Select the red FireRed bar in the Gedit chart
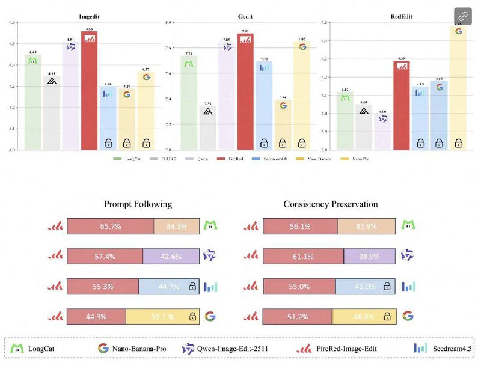245,90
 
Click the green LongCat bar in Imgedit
33,102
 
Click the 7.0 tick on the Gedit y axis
169,150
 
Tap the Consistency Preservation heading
331,204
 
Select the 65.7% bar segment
110,226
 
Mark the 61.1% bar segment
303,256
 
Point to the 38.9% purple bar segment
370,256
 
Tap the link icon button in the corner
463,16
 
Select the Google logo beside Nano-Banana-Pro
103,348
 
